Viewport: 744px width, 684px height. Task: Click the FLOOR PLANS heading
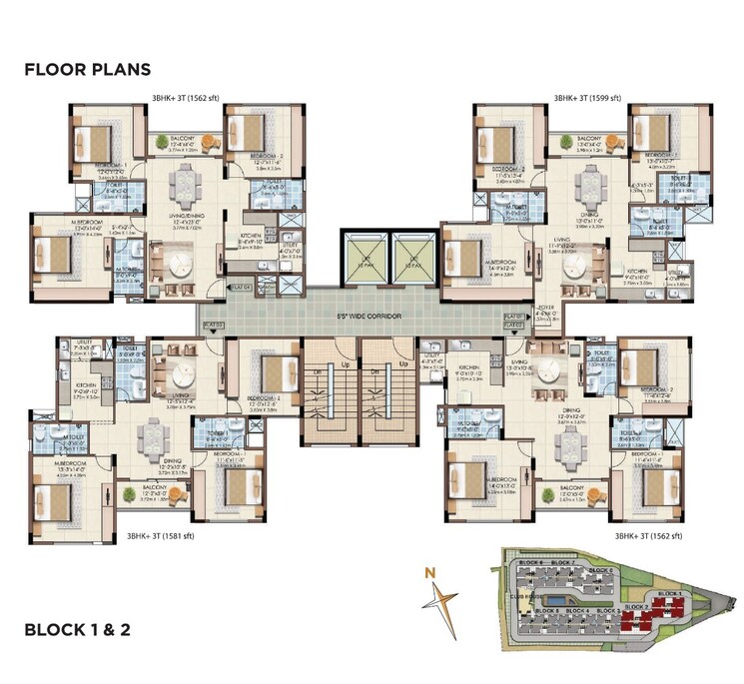[87, 69]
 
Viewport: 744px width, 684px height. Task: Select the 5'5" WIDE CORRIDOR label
[370, 317]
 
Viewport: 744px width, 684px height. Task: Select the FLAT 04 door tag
[239, 288]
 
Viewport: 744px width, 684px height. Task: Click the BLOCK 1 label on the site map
[672, 595]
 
